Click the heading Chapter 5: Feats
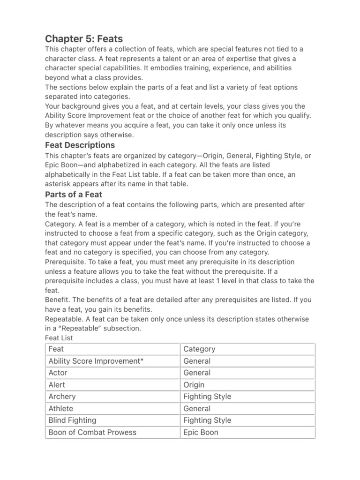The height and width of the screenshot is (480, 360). tap(84, 38)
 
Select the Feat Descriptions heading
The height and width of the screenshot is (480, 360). tap(80, 145)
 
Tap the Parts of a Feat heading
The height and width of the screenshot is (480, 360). tap(74, 194)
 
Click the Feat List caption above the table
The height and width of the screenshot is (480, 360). tap(59, 337)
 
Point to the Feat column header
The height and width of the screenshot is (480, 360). tap(56, 349)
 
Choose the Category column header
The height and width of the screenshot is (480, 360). tap(199, 349)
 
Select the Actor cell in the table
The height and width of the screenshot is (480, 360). tap(58, 373)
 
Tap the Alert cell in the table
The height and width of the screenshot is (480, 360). tap(58, 385)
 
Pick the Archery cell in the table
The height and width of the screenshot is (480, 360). tap(62, 397)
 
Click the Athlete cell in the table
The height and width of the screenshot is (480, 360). tap(61, 409)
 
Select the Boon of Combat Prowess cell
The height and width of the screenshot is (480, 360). tap(92, 432)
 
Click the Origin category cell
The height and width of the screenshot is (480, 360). tap(194, 385)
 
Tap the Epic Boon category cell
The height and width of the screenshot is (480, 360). tap(201, 432)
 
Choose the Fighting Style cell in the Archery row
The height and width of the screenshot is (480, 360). tap(207, 397)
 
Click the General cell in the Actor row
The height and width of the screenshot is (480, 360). tap(197, 373)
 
